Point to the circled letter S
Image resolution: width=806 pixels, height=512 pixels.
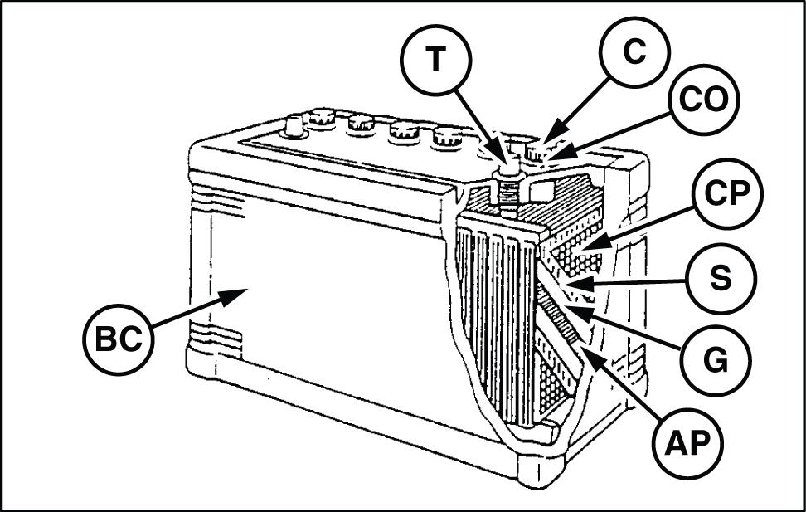[x=720, y=279]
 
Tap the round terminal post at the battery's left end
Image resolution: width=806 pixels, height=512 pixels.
[x=294, y=127]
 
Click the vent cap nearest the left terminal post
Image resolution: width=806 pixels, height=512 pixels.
[x=323, y=119]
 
